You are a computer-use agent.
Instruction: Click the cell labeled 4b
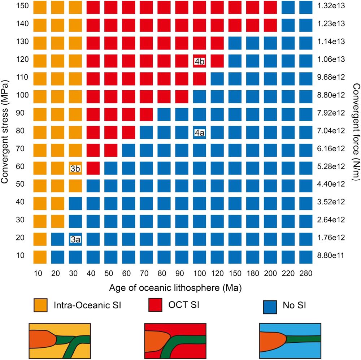pos(200,61)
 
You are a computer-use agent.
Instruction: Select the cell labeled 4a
pos(200,133)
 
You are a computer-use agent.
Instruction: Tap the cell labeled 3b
pos(75,168)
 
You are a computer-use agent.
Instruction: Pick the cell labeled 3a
pos(75,239)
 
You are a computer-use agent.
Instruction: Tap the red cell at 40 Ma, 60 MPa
pos(93,168)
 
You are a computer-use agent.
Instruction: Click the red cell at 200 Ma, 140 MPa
pos(270,24)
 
